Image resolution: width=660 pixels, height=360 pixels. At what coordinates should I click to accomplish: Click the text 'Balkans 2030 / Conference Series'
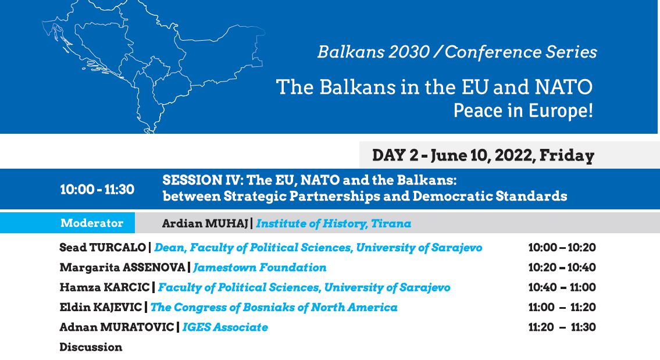(457, 52)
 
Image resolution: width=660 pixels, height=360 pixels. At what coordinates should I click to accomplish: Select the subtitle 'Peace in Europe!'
(523, 111)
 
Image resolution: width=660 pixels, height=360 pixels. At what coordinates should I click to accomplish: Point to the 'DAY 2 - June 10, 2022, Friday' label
(483, 155)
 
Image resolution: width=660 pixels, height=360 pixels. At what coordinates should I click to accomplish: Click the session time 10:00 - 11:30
(97, 189)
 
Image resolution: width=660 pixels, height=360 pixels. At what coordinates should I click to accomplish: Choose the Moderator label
(92, 223)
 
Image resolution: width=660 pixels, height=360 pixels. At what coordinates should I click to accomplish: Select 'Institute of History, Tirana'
(333, 223)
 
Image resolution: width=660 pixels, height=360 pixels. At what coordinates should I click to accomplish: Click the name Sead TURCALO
(102, 248)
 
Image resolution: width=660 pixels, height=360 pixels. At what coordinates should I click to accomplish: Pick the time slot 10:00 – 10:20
(562, 248)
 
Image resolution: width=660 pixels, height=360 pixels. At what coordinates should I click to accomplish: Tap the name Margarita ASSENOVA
(122, 268)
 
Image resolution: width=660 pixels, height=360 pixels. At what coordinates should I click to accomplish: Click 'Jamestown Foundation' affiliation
(259, 268)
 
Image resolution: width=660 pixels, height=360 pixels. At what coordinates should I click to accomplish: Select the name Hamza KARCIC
(105, 287)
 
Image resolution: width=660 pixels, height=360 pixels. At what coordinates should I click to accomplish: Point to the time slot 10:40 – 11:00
(562, 287)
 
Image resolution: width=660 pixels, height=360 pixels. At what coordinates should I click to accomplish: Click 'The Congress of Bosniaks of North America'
(274, 307)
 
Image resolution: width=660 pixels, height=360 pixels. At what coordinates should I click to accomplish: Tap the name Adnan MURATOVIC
(116, 327)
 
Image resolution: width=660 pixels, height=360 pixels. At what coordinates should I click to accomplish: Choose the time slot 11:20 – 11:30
(562, 327)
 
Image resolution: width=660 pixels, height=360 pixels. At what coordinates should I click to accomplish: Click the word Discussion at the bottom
(91, 347)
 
